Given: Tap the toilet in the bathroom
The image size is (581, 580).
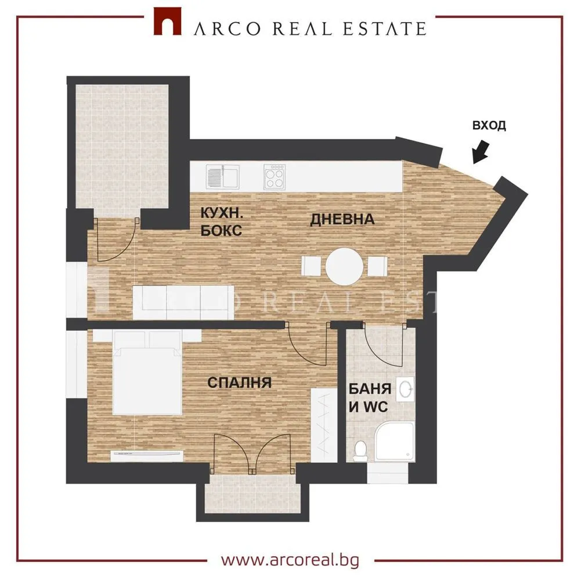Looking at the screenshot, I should coord(360,451).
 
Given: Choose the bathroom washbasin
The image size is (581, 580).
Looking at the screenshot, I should coord(408,389).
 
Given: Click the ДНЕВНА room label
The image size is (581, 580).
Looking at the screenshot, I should coord(342,220).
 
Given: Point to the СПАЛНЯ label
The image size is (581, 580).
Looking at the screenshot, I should coord(239,382).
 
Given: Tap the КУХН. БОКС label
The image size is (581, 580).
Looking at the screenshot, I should coord(221,222).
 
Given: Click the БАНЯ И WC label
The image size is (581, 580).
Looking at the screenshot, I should coord(369,397).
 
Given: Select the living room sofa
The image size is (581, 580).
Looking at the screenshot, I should coord(185,302).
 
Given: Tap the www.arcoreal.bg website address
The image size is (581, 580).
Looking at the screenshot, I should coord(290,559).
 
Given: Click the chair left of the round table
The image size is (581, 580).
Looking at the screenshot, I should coord(311,267).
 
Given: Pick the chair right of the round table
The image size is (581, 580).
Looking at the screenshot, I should coord(377,267).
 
